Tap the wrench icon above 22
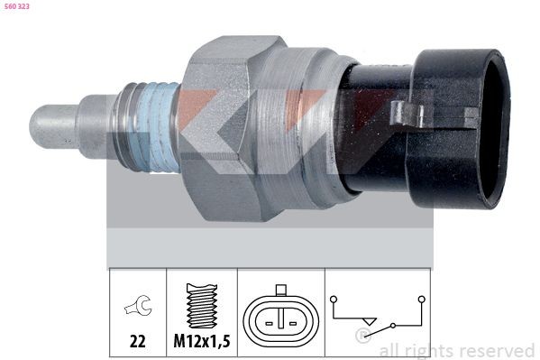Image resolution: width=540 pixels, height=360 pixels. (x=137, y=308)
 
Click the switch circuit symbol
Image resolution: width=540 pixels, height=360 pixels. (x=378, y=315)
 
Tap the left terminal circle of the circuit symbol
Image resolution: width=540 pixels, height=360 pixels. (x=334, y=298)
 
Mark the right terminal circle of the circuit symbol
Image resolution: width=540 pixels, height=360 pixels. (x=419, y=298)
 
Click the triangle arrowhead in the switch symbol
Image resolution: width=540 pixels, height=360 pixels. (x=366, y=321)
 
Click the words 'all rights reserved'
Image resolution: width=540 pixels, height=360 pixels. (x=456, y=350)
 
